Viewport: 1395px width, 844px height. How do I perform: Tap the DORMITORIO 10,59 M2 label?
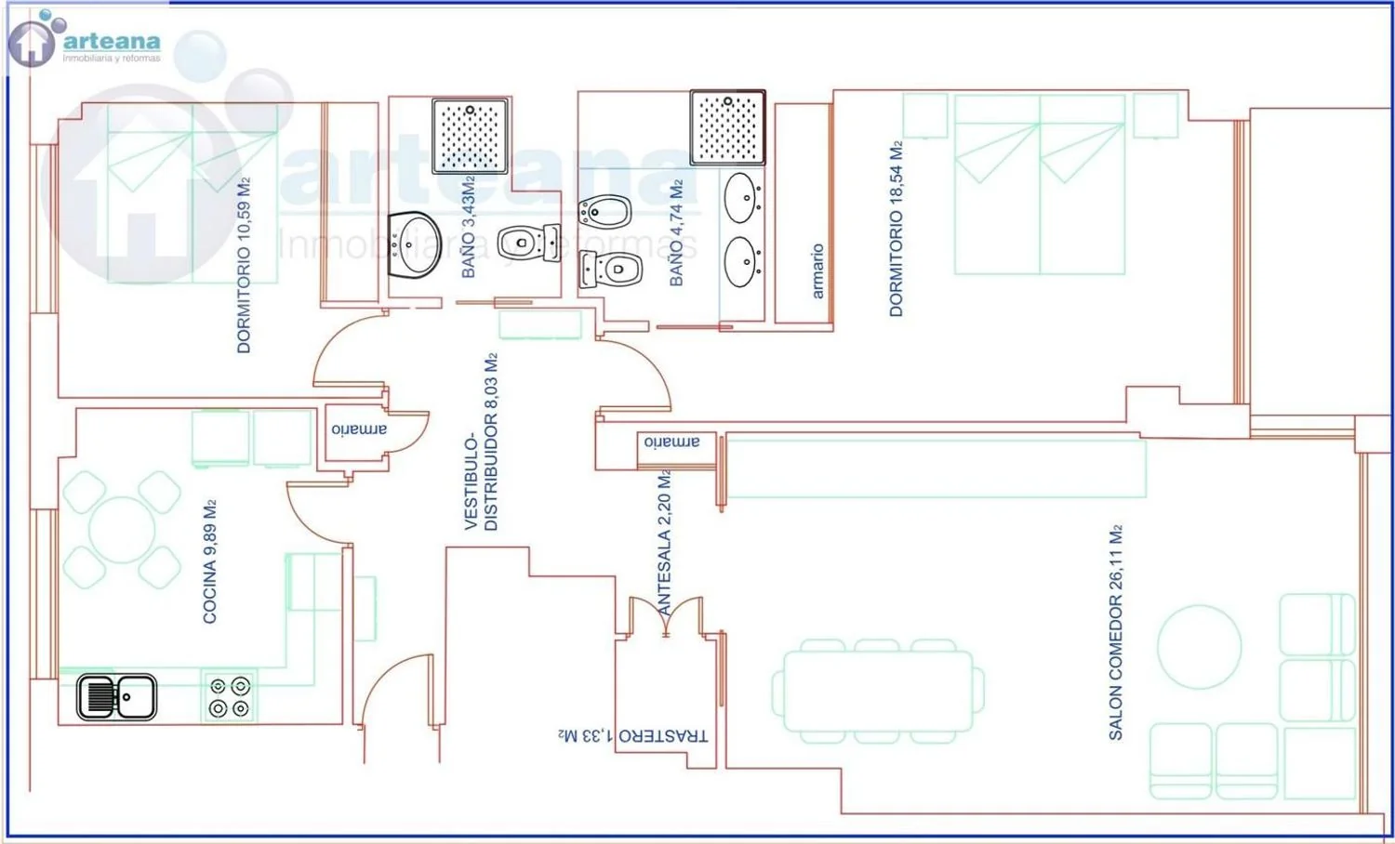click(x=244, y=265)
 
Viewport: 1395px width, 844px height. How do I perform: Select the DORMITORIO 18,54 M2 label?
click(x=896, y=229)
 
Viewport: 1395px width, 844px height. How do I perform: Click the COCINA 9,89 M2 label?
click(x=209, y=560)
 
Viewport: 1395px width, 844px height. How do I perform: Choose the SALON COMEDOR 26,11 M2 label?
click(x=1115, y=632)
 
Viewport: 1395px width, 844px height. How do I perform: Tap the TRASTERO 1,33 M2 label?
click(x=632, y=735)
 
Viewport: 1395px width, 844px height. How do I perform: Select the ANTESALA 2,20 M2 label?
click(x=664, y=543)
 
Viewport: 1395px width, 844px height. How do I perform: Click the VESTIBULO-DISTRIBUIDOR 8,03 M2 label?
click(x=482, y=442)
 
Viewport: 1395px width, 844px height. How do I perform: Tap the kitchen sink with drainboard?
click(x=116, y=697)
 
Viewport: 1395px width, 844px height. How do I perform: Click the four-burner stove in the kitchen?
click(x=229, y=697)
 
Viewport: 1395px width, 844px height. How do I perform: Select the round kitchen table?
click(x=122, y=530)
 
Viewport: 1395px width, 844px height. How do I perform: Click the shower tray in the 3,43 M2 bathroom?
click(x=470, y=136)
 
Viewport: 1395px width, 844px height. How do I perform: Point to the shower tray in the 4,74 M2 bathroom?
click(x=727, y=128)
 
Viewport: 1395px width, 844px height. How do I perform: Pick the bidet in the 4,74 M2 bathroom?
click(x=604, y=212)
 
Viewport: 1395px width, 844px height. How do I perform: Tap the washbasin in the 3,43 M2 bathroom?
click(x=414, y=244)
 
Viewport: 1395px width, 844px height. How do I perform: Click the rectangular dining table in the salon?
click(x=878, y=691)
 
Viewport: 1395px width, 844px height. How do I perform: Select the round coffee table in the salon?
click(x=1199, y=647)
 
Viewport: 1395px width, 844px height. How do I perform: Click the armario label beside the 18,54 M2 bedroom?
click(x=817, y=271)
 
